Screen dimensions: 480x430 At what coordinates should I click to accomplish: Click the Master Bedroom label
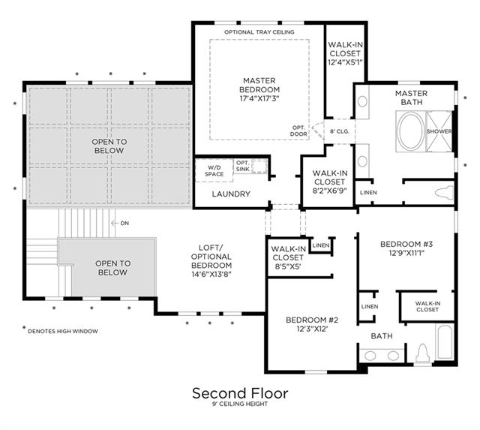point(259,85)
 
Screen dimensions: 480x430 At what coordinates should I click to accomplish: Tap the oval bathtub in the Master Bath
point(411,131)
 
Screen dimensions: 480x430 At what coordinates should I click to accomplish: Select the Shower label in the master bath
point(439,131)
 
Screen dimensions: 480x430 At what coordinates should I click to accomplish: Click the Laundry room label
point(231,194)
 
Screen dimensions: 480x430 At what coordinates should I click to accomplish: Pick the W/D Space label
point(214,171)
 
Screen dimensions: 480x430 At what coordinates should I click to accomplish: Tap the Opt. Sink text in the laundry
point(243,166)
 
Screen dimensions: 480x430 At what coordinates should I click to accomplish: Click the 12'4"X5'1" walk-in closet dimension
point(345,62)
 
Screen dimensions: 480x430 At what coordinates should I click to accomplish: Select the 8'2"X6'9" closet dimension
point(329,191)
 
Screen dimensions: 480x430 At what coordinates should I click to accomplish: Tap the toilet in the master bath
point(444,192)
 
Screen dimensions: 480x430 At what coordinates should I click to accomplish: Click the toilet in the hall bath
point(422,353)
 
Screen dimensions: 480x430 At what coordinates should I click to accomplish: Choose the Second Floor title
point(240,393)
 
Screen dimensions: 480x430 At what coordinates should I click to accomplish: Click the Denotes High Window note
point(63,331)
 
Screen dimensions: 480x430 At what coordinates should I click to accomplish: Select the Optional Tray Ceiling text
point(259,32)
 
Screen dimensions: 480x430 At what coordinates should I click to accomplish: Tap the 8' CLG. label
point(340,131)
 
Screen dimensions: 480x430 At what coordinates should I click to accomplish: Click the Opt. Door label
point(298,131)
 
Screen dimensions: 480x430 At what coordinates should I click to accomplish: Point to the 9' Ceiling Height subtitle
point(240,404)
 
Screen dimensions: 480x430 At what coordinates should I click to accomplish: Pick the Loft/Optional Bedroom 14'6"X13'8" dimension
point(211,274)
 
